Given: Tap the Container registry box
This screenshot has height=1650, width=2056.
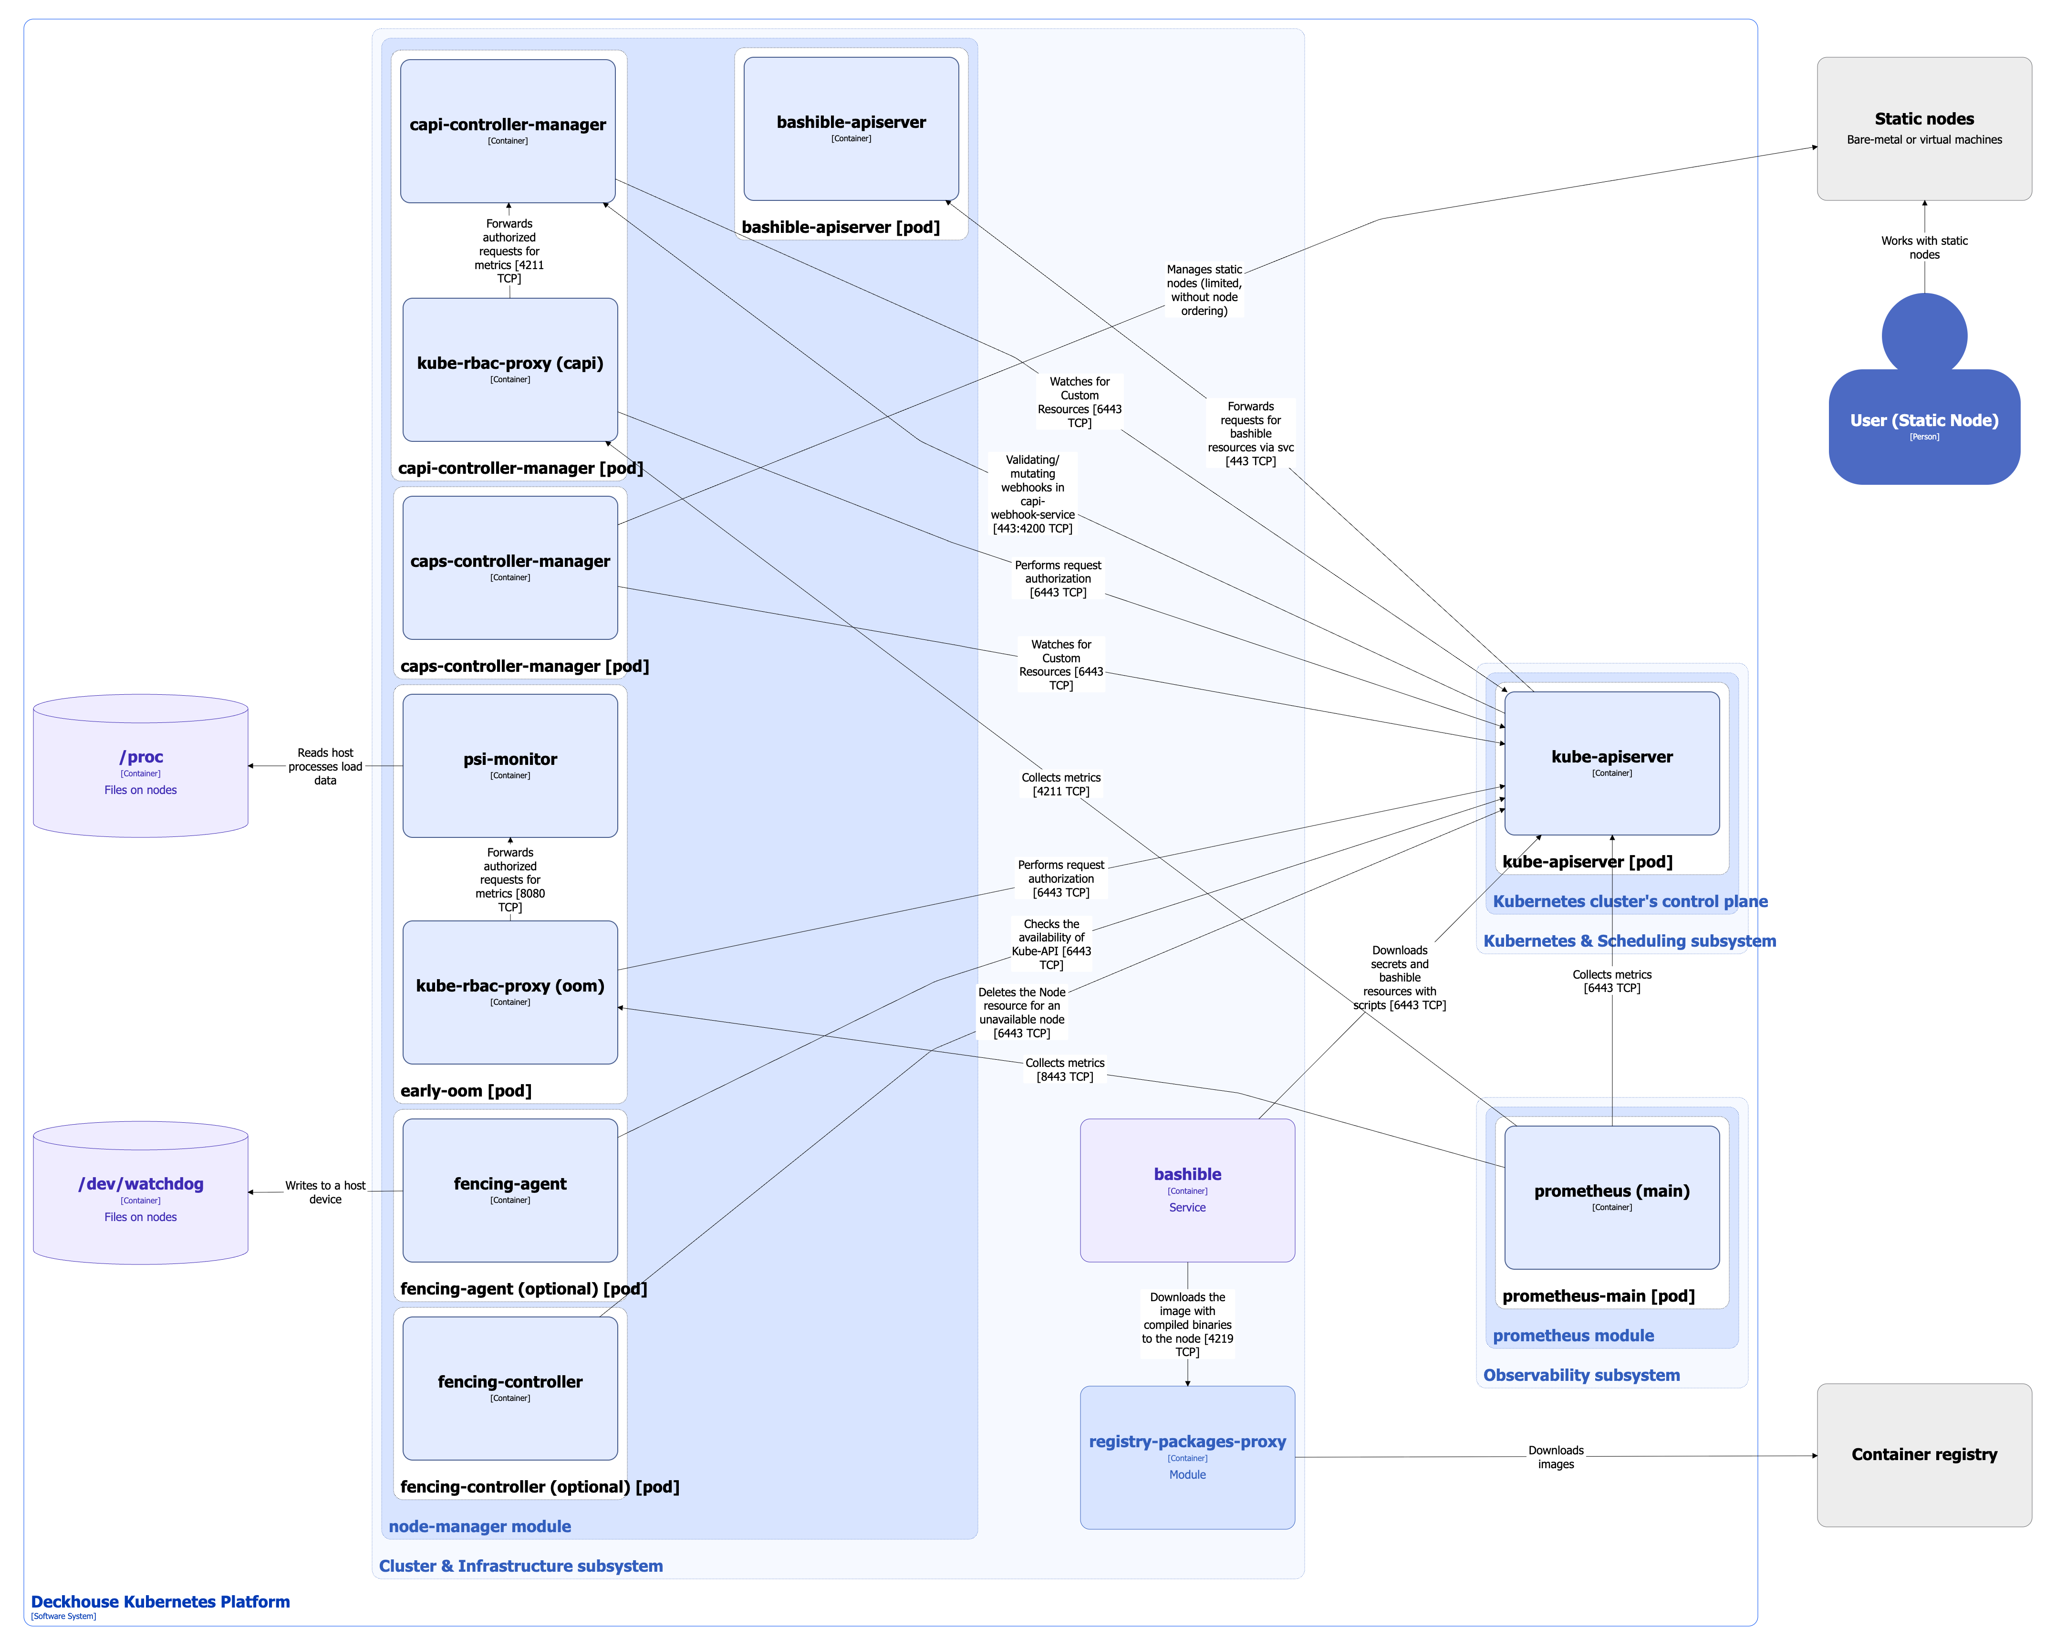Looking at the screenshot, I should [x=1923, y=1454].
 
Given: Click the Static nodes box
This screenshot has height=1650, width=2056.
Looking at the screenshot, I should [x=1923, y=129].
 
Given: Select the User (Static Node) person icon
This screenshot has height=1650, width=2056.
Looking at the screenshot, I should [x=1923, y=401].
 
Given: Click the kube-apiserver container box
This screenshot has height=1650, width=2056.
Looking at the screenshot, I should [x=1611, y=763].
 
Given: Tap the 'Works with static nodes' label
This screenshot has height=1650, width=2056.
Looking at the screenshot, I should [x=1923, y=248].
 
